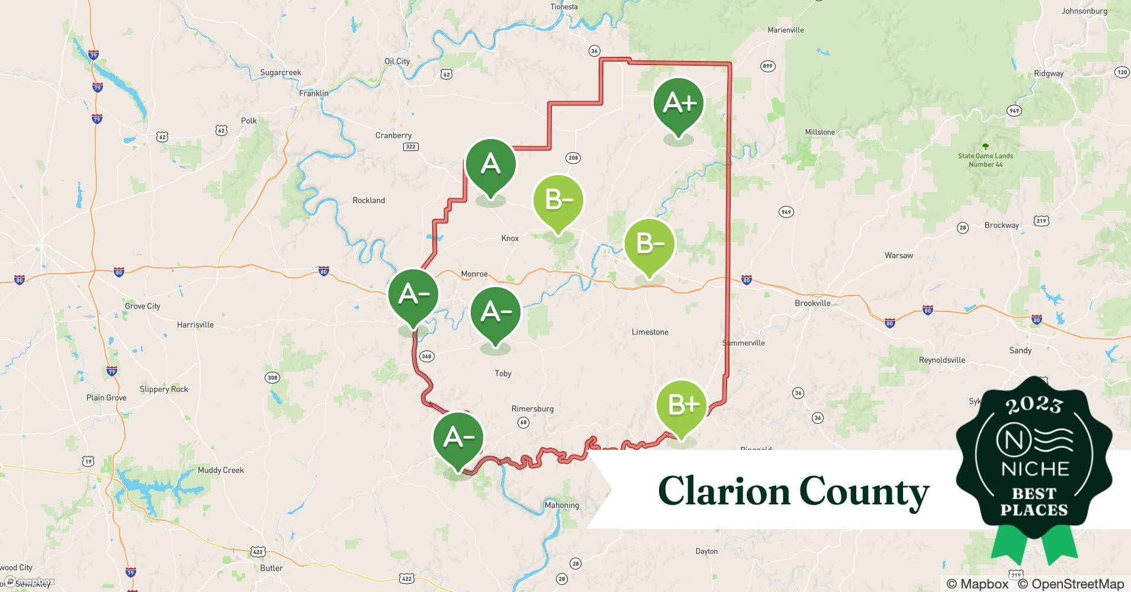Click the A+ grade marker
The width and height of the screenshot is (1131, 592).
click(x=679, y=104)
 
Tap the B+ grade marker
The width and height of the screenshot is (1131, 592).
click(x=682, y=406)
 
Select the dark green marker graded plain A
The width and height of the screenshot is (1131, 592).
click(x=491, y=164)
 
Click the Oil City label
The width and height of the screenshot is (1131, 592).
click(x=397, y=61)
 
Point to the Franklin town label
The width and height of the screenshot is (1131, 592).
click(x=313, y=93)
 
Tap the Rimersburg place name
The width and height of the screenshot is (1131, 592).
click(x=532, y=408)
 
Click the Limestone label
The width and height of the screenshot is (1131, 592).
click(x=650, y=332)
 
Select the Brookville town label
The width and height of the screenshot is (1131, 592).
click(x=812, y=303)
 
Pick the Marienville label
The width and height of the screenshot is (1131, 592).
click(x=785, y=30)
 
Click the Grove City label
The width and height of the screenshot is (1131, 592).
click(x=142, y=306)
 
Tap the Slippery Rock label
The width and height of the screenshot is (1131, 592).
click(x=163, y=389)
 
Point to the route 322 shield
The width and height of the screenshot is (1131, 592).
click(x=410, y=146)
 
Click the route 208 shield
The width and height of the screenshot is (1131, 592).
click(x=573, y=157)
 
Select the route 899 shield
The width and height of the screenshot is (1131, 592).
click(x=767, y=66)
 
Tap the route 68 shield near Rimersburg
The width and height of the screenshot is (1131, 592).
click(x=523, y=422)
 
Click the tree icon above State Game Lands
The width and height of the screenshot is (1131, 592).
click(x=985, y=146)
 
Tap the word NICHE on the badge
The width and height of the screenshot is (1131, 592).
click(x=1034, y=469)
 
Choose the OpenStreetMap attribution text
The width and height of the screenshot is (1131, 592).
click(x=1071, y=584)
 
